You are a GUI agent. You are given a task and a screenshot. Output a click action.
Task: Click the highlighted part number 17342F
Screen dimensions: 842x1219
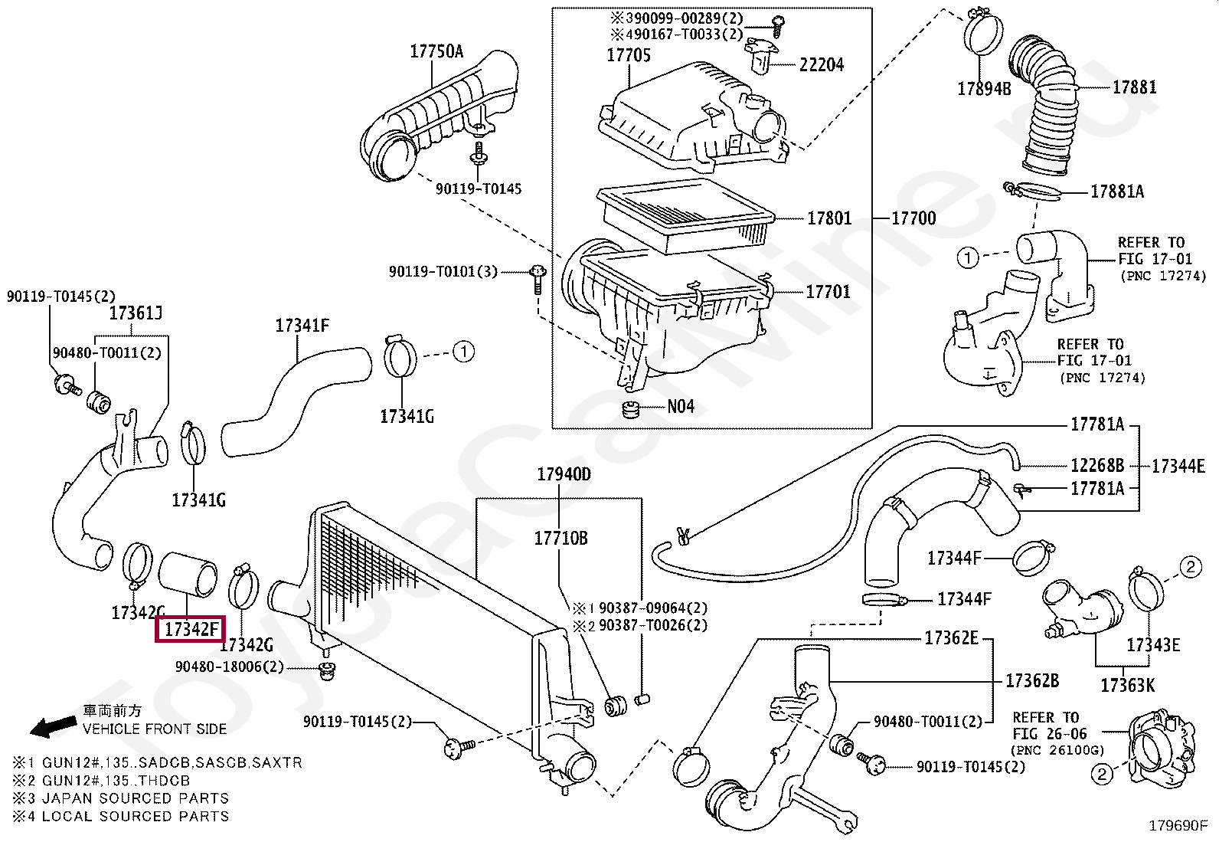pos(189,629)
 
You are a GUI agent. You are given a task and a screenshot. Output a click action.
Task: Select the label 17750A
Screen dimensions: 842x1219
pos(436,51)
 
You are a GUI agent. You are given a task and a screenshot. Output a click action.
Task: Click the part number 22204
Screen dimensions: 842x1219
pos(821,65)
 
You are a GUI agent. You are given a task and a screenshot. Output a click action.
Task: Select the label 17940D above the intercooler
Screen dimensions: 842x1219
pos(564,474)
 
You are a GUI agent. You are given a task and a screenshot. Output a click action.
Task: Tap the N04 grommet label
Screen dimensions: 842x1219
pos(680,407)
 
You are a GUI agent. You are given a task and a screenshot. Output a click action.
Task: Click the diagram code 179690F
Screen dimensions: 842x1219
pos(1178,825)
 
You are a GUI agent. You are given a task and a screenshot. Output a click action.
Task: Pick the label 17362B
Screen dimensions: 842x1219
pos(1032,680)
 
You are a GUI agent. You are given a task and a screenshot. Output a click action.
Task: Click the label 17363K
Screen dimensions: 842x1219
pos(1127,685)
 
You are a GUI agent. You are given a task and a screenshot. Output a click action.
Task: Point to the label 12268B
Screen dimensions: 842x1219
pos(1096,465)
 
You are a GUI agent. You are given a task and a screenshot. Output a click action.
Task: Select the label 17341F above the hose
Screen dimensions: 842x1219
pos(302,326)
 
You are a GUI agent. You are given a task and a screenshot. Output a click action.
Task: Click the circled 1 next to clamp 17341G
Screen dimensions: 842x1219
pos(463,352)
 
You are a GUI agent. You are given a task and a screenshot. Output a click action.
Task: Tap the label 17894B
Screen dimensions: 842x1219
pos(984,89)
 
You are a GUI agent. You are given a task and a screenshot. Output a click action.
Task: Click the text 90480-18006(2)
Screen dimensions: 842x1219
pos(229,667)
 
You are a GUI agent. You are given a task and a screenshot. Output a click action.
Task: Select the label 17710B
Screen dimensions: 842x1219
pos(560,538)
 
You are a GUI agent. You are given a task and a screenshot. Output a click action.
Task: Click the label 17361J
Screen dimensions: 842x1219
pos(136,313)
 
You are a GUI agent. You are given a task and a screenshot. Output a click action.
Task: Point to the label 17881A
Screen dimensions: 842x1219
pos(1116,192)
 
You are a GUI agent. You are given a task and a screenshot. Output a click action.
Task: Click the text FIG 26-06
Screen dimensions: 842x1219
pos(1048,734)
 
